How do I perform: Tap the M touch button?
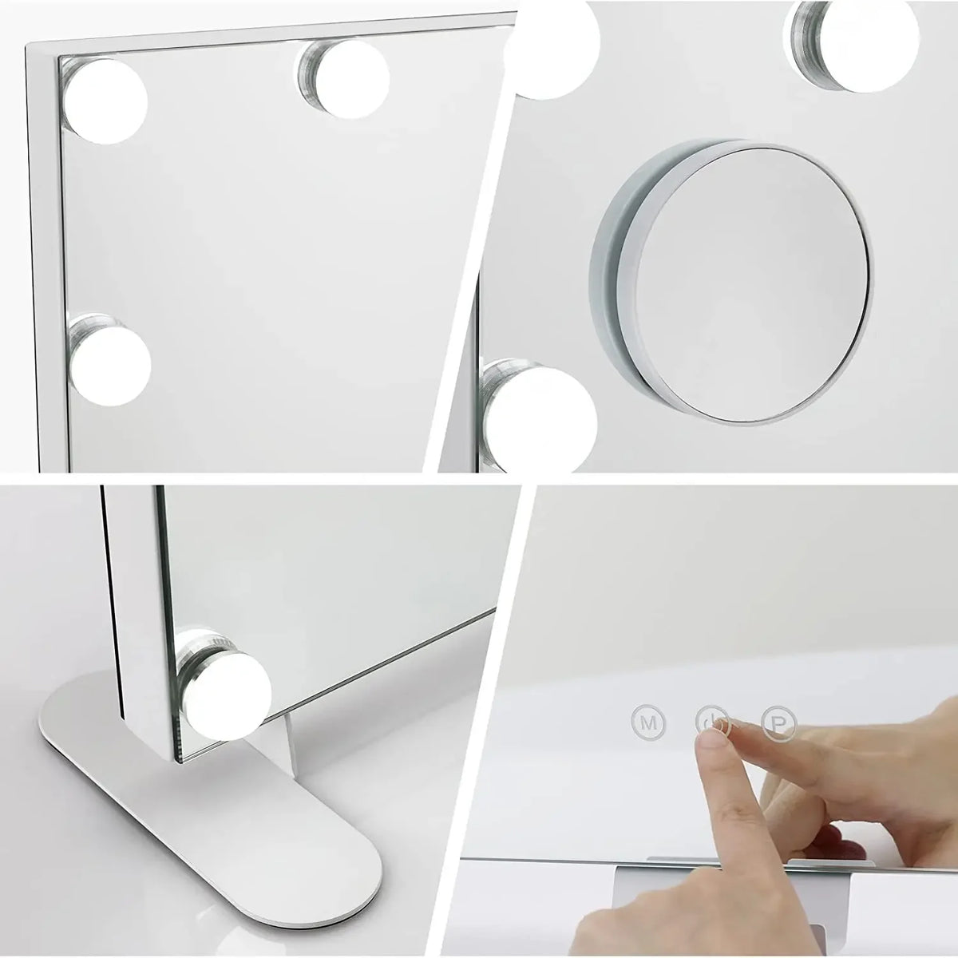pos(648,722)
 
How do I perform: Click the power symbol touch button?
pos(712,721)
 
